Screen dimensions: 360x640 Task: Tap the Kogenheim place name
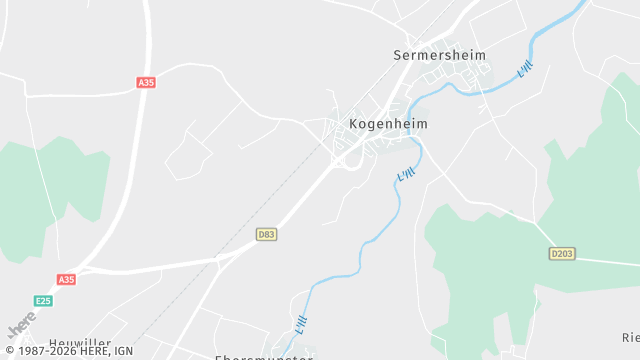390,125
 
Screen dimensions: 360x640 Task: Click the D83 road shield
266,234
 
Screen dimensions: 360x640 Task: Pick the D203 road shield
562,254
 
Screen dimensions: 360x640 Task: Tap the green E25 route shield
43,300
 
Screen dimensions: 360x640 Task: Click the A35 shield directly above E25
66,280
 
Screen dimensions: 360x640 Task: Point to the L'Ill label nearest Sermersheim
525,70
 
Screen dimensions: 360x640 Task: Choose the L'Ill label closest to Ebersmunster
302,325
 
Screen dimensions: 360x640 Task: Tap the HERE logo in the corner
21,325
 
